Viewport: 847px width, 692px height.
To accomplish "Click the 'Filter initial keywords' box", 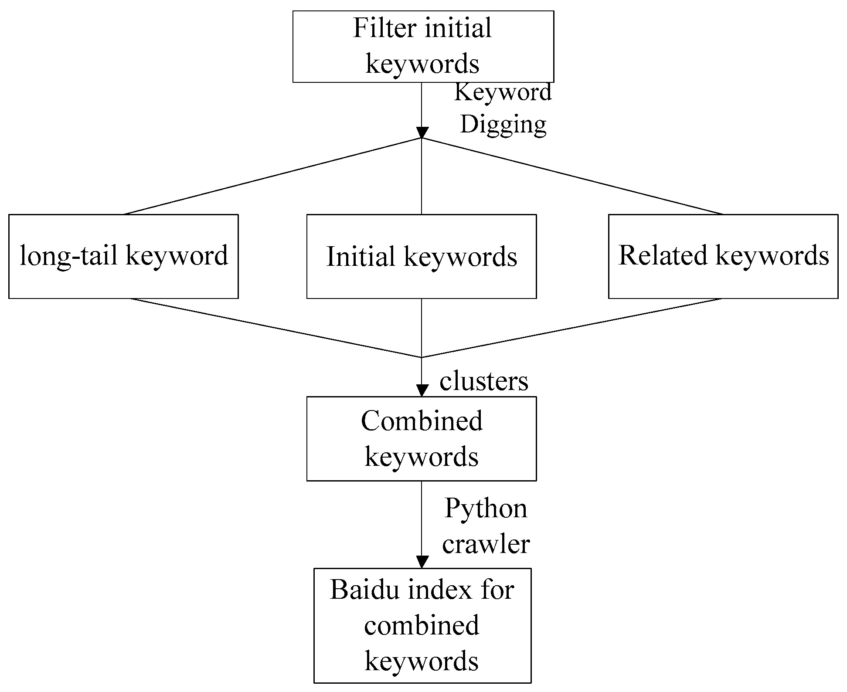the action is click(423, 47).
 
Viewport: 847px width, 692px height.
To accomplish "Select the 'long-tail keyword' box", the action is click(123, 256).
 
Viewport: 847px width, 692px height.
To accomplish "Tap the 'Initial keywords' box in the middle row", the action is click(422, 256).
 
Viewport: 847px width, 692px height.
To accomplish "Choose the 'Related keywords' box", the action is click(723, 256).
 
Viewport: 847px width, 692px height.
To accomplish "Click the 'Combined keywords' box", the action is click(422, 438).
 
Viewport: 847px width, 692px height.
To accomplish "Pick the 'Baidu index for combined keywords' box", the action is click(422, 626).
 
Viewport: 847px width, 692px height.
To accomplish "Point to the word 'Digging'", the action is click(503, 125).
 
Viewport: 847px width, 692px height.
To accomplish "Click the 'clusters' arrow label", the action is click(484, 380).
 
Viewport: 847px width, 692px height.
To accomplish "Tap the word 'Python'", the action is click(486, 509).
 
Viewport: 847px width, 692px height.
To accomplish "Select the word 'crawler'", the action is click(486, 544).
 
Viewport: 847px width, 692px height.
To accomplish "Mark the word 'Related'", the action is click(663, 255).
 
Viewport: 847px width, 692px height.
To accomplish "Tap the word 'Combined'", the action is click(422, 421).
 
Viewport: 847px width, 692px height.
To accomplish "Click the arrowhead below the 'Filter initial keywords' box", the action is click(422, 132).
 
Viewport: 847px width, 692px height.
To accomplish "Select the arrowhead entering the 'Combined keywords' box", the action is click(422, 390).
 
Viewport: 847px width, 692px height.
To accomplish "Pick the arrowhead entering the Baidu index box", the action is click(422, 562).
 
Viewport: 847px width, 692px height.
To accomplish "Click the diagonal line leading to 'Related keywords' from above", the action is click(572, 176).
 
